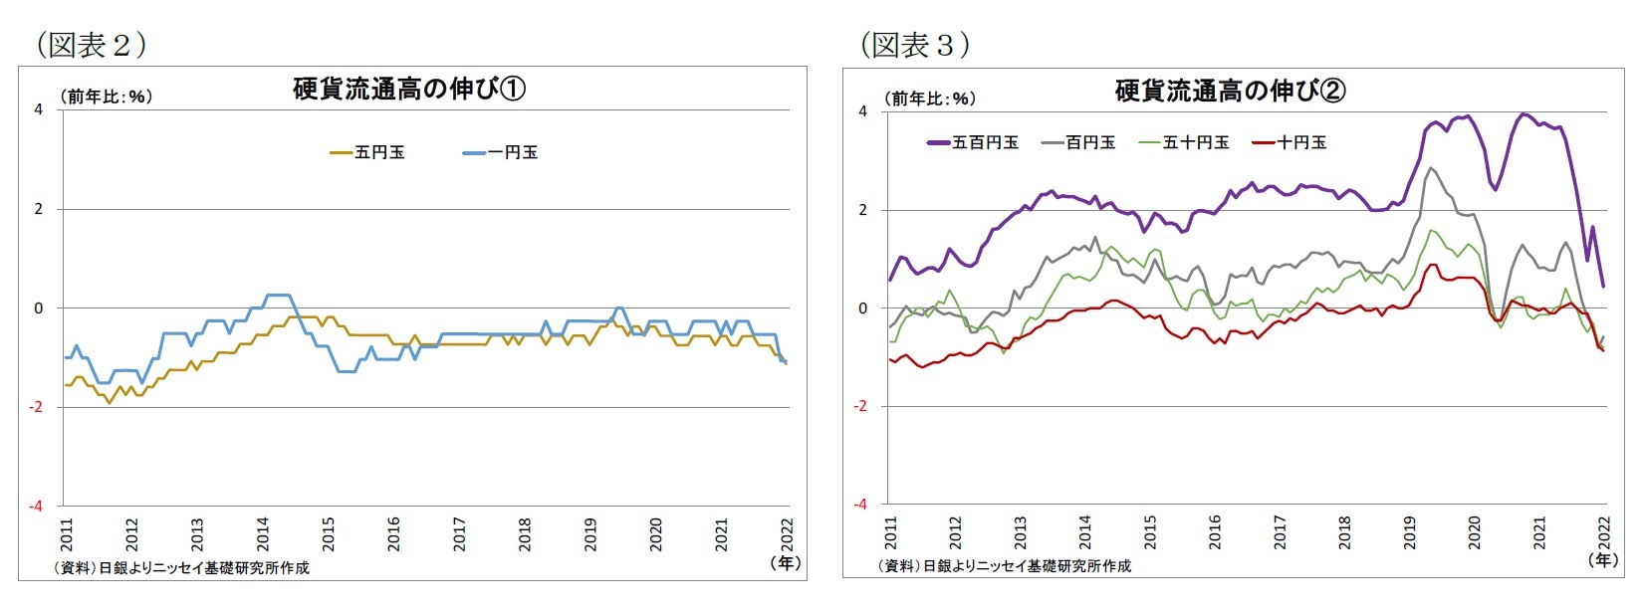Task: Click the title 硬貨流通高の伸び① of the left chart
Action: [409, 90]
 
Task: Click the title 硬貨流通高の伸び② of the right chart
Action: [1230, 92]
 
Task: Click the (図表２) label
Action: [91, 44]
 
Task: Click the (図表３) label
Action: [914, 44]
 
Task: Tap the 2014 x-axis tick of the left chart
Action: [263, 533]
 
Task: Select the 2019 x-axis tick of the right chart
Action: [1409, 531]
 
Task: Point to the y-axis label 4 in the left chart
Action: [39, 109]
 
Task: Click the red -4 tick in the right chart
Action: [861, 505]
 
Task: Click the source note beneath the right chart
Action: [1004, 565]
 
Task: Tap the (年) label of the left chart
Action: [786, 563]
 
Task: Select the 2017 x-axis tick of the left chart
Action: [459, 533]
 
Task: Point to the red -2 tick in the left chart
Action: [37, 407]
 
